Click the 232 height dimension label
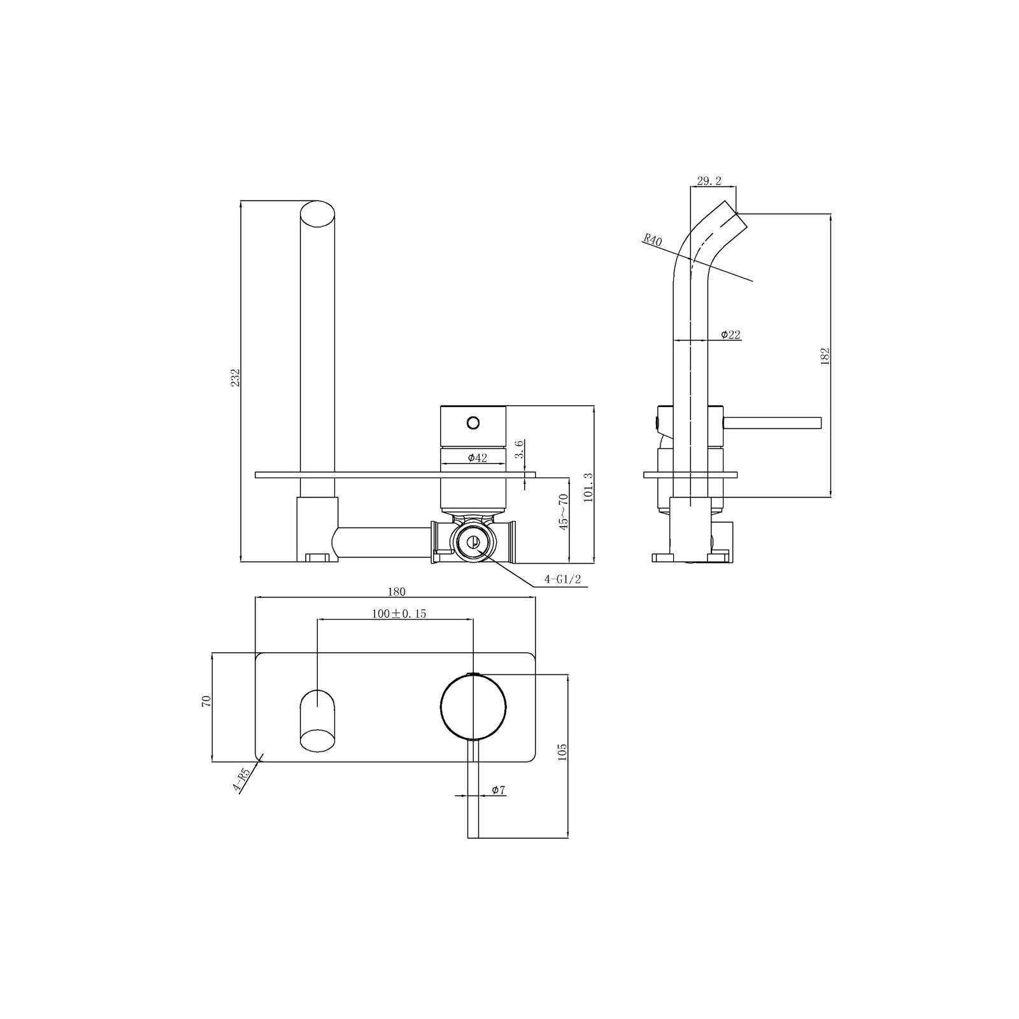click(x=235, y=378)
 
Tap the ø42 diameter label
click(x=477, y=458)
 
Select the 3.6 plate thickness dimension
click(x=520, y=448)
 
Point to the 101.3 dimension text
click(x=588, y=487)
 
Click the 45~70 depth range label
click(x=563, y=512)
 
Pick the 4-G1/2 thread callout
click(x=562, y=580)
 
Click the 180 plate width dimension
click(x=396, y=592)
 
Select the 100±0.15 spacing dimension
click(x=399, y=614)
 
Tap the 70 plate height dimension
click(x=206, y=701)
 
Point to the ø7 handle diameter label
click(x=499, y=790)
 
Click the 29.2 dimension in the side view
click(x=709, y=181)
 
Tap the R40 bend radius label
click(x=653, y=240)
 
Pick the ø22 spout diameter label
click(x=730, y=335)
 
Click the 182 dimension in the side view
click(x=825, y=355)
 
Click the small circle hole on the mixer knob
click(x=473, y=422)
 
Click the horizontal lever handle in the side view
click(x=773, y=423)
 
